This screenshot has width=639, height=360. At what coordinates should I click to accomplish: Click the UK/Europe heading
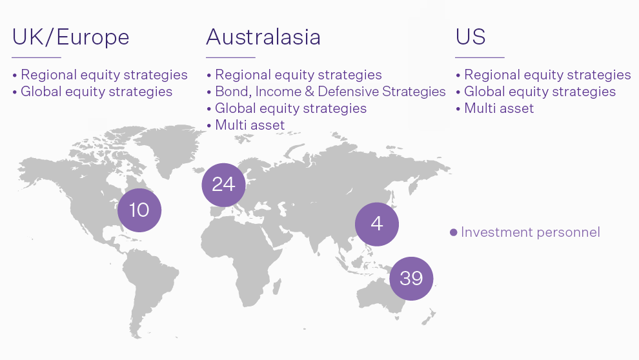[70, 37]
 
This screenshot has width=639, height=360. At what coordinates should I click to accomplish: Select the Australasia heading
[263, 37]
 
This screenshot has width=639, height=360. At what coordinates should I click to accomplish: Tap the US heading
[471, 37]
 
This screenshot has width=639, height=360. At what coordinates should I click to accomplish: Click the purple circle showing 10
[139, 210]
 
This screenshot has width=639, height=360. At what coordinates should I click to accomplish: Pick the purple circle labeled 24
[224, 185]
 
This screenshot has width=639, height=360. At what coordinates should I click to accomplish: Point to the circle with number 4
[377, 224]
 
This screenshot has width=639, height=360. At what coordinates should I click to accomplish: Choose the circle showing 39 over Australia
[411, 279]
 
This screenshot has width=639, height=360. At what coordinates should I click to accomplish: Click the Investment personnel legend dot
[453, 232]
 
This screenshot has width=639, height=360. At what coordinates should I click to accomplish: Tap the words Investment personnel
[531, 232]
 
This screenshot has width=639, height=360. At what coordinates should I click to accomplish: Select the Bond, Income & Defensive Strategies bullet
[326, 92]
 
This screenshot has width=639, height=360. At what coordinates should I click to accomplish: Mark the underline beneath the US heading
[480, 57]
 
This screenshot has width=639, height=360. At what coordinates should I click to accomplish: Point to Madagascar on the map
[277, 286]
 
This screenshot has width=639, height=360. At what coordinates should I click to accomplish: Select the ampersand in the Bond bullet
[309, 91]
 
